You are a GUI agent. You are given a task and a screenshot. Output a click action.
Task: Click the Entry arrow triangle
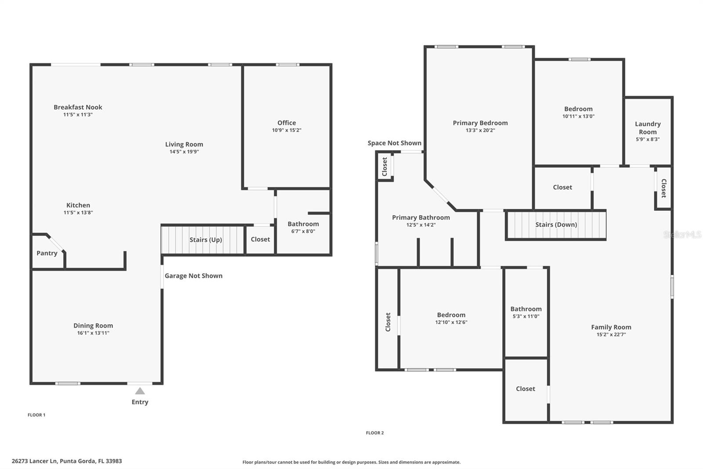click(140, 391)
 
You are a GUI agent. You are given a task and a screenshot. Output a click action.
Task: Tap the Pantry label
click(47, 253)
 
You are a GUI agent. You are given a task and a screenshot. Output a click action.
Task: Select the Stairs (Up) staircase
click(203, 240)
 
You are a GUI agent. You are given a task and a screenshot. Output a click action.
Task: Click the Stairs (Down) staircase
click(556, 224)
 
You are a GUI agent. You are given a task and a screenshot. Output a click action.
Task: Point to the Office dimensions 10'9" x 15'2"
click(286, 130)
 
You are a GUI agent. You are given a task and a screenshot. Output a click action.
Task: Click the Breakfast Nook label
click(78, 107)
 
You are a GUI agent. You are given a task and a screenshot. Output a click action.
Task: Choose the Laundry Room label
click(648, 128)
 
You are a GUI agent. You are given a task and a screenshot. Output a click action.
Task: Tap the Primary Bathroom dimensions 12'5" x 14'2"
click(421, 225)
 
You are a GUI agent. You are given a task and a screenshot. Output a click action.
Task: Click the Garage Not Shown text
click(194, 276)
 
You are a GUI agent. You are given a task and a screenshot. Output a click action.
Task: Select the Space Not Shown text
click(395, 143)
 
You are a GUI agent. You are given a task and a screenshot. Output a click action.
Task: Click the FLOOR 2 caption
click(375, 433)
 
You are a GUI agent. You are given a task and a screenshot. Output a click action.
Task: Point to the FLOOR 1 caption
click(36, 415)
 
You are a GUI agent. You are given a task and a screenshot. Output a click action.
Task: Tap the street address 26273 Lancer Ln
click(35, 461)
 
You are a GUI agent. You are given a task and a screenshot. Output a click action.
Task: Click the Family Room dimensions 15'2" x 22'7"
click(611, 334)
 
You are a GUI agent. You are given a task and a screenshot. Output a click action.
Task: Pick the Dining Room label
click(93, 326)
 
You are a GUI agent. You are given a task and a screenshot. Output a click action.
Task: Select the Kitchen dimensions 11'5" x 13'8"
click(78, 213)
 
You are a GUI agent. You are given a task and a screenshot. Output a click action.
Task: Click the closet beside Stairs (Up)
click(260, 239)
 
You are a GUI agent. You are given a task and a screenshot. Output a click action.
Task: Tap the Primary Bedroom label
click(480, 123)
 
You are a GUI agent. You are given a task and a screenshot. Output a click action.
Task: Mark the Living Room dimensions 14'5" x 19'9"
click(184, 152)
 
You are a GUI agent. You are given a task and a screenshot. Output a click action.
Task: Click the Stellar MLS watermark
click(682, 234)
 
